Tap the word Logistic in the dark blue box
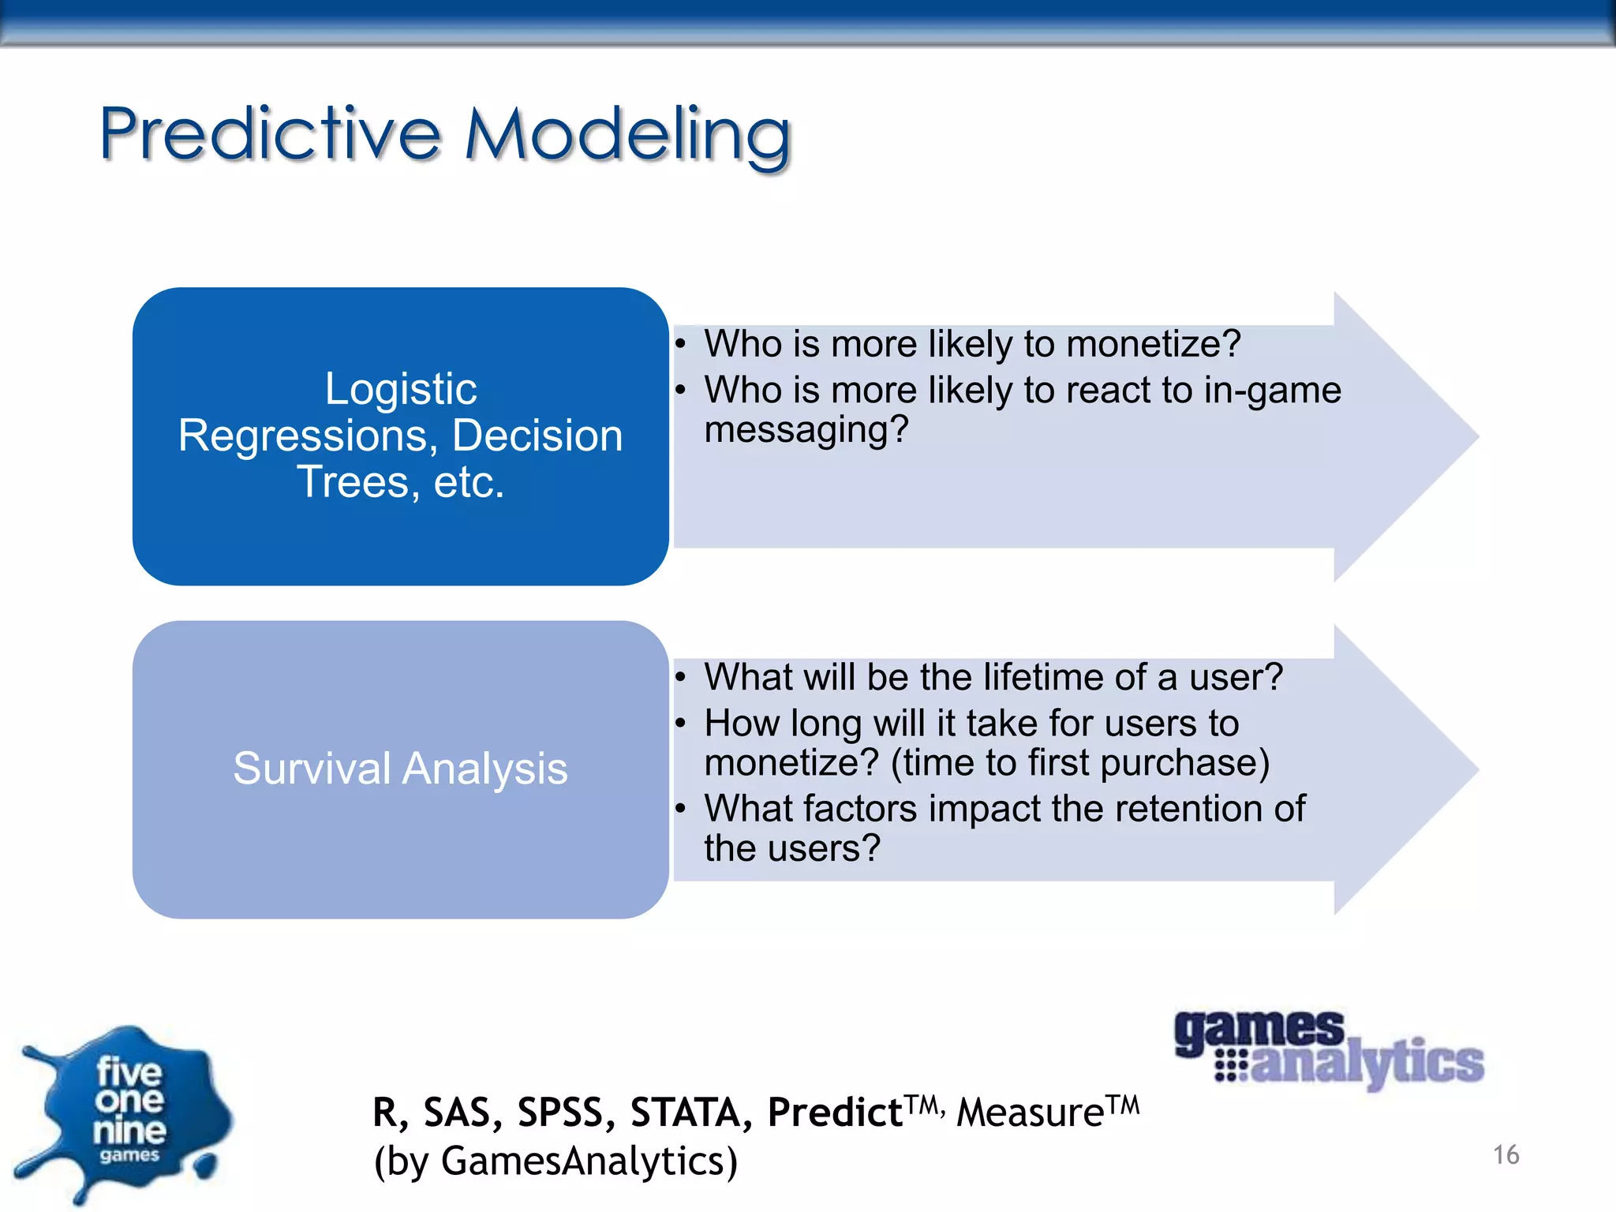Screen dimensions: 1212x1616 coord(401,389)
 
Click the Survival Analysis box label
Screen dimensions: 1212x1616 coord(400,769)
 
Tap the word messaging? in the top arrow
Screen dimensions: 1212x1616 coord(806,430)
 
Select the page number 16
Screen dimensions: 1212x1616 coord(1506,1155)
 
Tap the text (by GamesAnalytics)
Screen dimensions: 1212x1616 coord(555,1161)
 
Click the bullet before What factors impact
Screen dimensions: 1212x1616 coord(680,808)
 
